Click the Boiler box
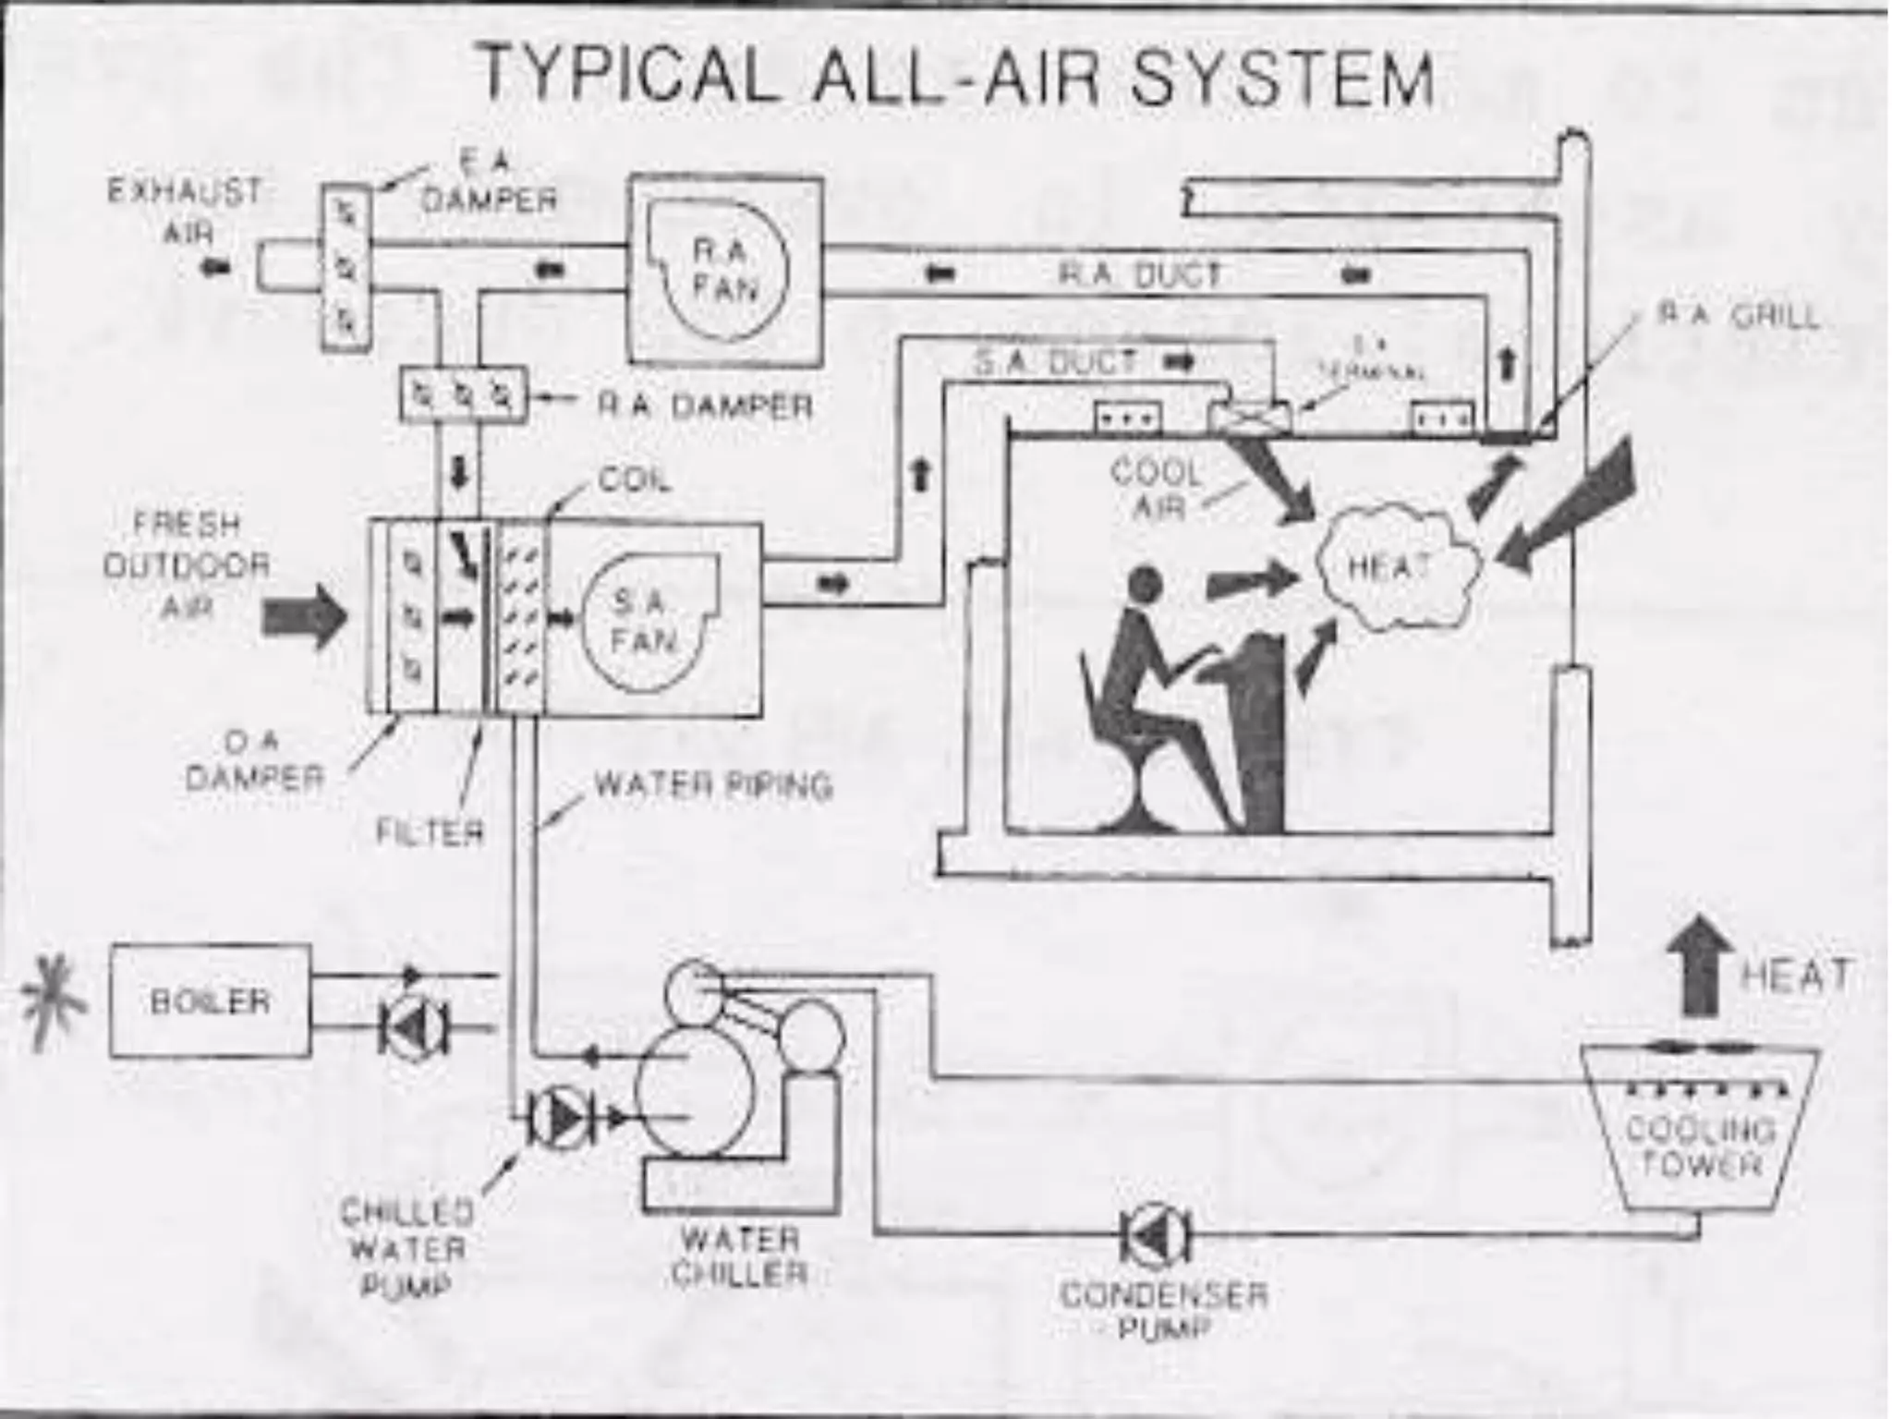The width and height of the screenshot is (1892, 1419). pyautogui.click(x=210, y=1001)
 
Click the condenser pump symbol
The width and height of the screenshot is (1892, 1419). pyautogui.click(x=1156, y=1234)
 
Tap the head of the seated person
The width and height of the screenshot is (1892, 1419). pyautogui.click(x=1145, y=584)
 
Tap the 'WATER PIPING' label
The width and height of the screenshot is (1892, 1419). pyautogui.click(x=713, y=785)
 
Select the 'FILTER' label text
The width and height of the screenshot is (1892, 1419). pyautogui.click(x=431, y=832)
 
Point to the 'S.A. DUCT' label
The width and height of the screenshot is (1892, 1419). pyautogui.click(x=1056, y=362)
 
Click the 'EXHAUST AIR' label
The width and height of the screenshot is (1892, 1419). pyautogui.click(x=186, y=211)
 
